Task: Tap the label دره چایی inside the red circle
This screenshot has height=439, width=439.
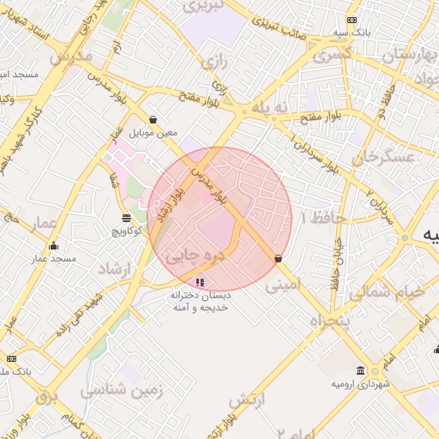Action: (185, 255)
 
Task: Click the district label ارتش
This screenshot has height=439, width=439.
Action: (249, 400)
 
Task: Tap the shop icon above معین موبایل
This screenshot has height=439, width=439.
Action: (153, 120)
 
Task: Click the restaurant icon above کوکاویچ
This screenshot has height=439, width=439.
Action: (127, 218)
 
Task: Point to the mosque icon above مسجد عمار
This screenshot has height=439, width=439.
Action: (53, 246)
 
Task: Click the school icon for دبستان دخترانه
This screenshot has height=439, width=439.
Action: (200, 281)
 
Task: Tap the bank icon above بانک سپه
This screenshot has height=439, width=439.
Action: (352, 20)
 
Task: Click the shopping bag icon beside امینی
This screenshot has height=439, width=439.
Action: (278, 258)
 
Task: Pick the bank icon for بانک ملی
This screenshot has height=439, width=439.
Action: (11, 358)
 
